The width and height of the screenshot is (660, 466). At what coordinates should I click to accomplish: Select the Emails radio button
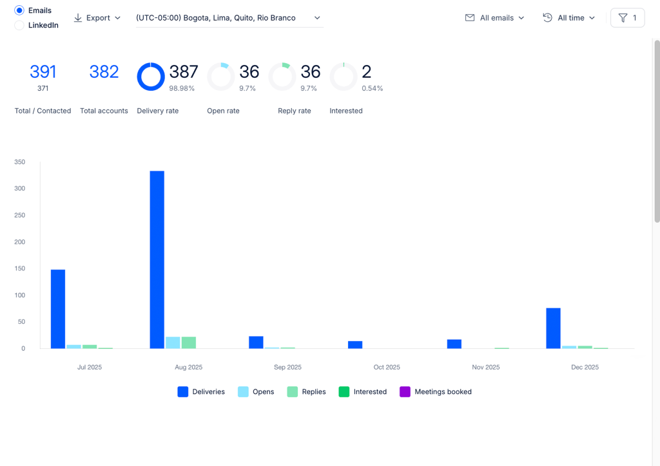tap(19, 10)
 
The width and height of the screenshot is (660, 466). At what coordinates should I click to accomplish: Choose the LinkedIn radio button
tap(19, 25)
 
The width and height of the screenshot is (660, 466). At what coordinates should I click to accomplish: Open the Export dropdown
tap(97, 18)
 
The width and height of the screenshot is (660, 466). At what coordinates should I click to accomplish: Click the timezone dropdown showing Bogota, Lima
tap(229, 18)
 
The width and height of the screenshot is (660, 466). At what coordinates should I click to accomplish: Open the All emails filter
tap(494, 18)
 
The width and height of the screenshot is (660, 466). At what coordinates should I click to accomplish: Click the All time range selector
tap(568, 18)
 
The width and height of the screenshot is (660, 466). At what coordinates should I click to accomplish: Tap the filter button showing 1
tap(627, 18)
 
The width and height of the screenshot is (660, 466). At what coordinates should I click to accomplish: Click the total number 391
tap(43, 72)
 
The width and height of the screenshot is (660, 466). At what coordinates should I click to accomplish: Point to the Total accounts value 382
tap(104, 72)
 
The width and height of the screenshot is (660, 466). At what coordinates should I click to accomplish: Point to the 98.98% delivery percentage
tap(182, 88)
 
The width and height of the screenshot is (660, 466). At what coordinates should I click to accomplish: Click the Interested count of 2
tap(367, 72)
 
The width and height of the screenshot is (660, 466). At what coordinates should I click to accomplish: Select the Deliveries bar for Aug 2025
tap(157, 259)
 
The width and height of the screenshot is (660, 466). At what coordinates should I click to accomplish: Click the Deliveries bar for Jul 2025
tap(58, 309)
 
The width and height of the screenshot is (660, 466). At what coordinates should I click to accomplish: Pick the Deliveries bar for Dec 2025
tap(554, 328)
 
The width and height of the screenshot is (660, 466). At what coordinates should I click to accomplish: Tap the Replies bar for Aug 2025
tap(189, 342)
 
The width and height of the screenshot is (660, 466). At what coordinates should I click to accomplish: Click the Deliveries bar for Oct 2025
tap(355, 344)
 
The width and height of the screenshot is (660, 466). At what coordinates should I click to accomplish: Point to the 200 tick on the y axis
tap(20, 242)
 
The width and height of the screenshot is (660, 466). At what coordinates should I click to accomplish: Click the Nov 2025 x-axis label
tap(486, 368)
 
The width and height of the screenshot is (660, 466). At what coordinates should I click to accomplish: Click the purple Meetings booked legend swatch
tap(405, 391)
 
